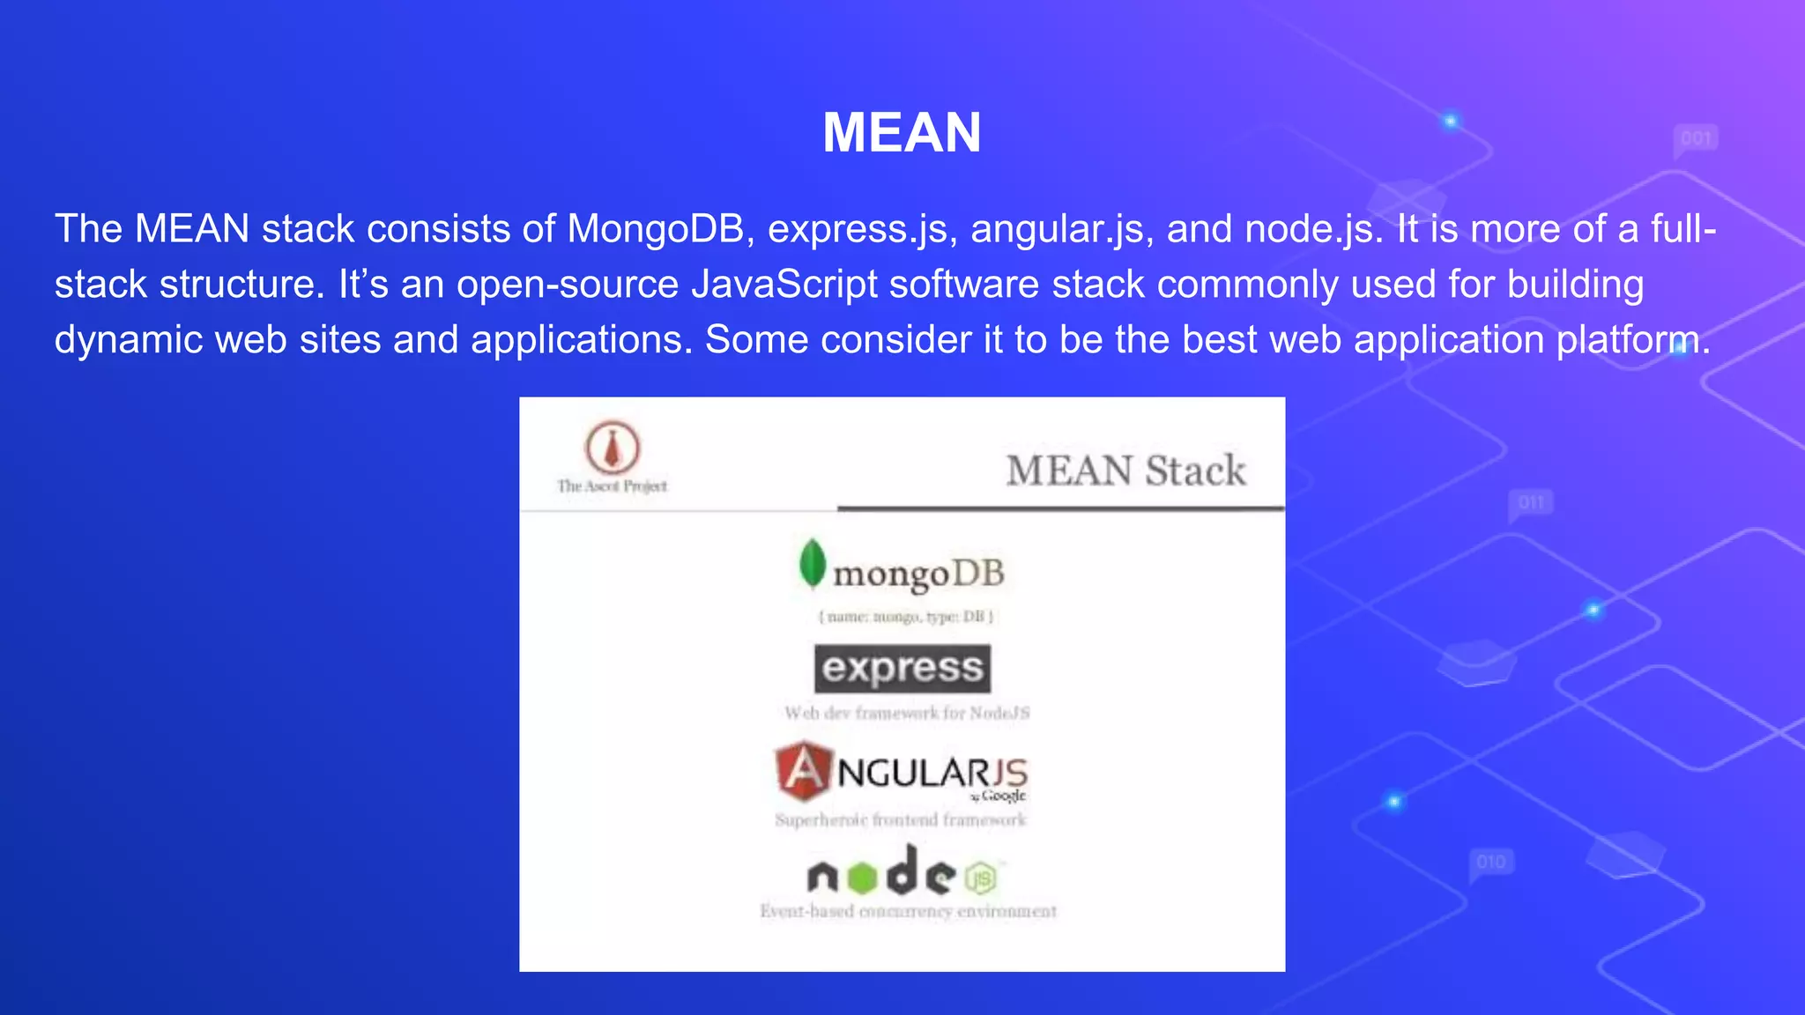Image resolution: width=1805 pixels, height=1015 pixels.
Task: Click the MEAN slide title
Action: click(x=902, y=133)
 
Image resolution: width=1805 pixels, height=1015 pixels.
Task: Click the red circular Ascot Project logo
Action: click(x=612, y=447)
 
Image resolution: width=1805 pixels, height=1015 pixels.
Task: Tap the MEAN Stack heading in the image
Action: click(x=1125, y=470)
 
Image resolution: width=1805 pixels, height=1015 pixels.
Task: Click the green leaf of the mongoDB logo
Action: click(x=812, y=562)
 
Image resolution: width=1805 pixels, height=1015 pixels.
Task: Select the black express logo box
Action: click(x=902, y=669)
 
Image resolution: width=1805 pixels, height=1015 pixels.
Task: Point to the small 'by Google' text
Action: click(x=999, y=796)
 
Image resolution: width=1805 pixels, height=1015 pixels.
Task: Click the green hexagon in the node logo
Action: click(x=862, y=877)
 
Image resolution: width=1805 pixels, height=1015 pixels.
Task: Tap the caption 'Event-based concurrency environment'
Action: click(x=908, y=911)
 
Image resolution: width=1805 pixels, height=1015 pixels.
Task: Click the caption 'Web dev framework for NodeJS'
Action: click(x=907, y=713)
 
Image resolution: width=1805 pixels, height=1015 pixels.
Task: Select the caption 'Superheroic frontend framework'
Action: click(x=900, y=820)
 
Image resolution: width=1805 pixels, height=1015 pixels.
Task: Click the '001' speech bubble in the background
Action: click(x=1695, y=138)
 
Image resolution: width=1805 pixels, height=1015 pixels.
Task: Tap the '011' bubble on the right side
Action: click(x=1530, y=503)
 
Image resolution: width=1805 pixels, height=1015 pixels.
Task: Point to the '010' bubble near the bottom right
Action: click(x=1490, y=861)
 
